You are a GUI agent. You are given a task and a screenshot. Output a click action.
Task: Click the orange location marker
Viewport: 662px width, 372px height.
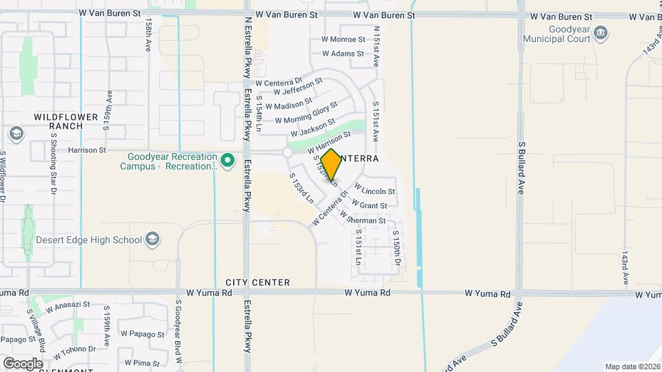point(331,165)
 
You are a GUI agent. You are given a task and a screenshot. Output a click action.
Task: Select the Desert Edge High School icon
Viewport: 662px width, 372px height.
point(152,240)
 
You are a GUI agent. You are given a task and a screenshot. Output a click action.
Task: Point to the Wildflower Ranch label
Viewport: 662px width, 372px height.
point(68,122)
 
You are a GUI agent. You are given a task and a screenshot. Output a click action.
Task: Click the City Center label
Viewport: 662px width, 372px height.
point(257,283)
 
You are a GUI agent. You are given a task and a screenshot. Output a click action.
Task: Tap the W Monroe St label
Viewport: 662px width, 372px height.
point(343,40)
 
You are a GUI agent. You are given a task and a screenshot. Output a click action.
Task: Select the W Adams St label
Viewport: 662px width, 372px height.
point(343,54)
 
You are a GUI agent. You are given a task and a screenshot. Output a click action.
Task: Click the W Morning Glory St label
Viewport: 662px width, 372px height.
point(306,112)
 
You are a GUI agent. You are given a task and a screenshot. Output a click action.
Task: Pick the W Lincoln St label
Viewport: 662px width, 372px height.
point(374,189)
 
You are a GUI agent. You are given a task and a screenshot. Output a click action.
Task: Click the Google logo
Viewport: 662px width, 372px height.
point(23,363)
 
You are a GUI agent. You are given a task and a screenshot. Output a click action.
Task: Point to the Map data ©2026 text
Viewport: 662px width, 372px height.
point(632,366)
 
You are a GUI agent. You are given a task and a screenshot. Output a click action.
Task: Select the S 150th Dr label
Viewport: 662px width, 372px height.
point(397,249)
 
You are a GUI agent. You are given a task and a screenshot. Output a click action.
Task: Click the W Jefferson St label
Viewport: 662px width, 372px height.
point(298,87)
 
